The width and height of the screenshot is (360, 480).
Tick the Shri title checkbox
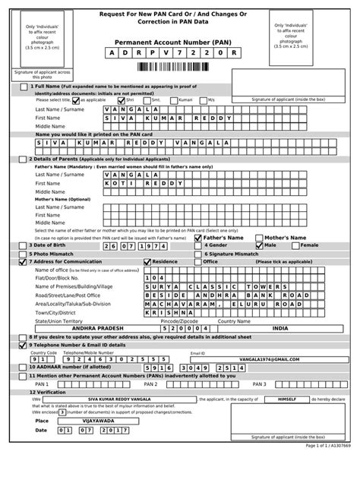pyautogui.click(x=120, y=99)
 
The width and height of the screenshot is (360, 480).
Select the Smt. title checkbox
pyautogui.click(x=147, y=99)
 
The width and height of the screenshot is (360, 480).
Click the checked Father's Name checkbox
pyautogui.click(x=197, y=237)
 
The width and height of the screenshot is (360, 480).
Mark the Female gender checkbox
pyautogui.click(x=297, y=245)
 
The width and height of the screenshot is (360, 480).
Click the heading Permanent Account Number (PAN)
pyautogui.click(x=180, y=43)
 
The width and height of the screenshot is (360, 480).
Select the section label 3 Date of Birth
pyautogui.click(x=52, y=245)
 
